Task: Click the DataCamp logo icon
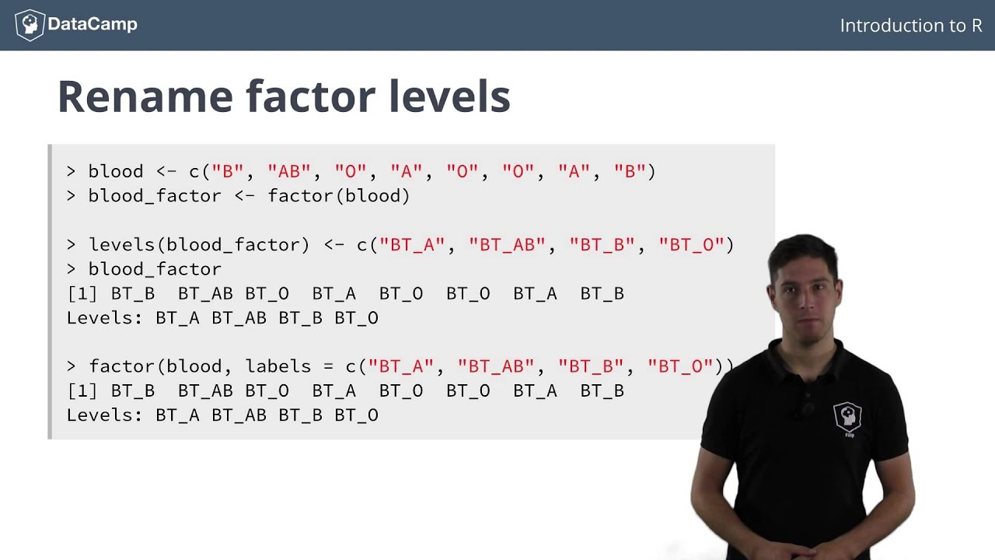[x=30, y=25]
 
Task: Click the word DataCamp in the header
[x=93, y=25]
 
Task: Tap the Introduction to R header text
[x=911, y=26]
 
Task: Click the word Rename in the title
[x=145, y=96]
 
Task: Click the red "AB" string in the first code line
[x=284, y=171]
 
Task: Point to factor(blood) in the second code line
[x=338, y=196]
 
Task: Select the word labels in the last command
[x=273, y=366]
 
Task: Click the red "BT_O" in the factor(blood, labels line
[x=681, y=366]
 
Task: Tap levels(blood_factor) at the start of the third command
[x=199, y=244]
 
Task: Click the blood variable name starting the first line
[x=116, y=171]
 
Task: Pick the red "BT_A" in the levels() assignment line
[x=412, y=244]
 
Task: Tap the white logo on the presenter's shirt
[x=847, y=418]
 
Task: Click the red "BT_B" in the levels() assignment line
[x=602, y=244]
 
